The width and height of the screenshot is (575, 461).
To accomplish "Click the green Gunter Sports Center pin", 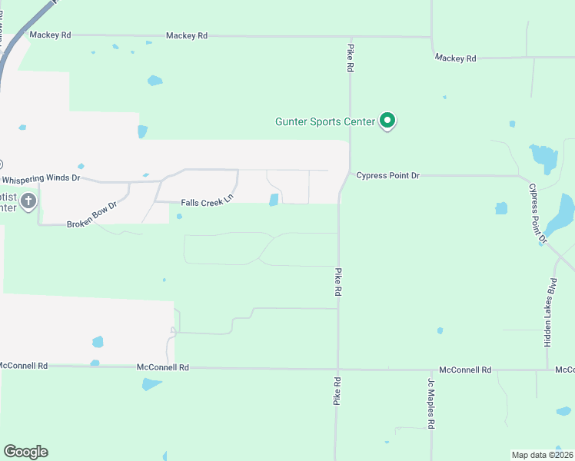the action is (x=388, y=121).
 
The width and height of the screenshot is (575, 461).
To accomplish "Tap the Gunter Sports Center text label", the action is (x=325, y=121).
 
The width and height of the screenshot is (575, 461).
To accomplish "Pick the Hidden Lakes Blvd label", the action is (x=550, y=313).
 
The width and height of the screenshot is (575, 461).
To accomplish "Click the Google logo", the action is (x=25, y=452).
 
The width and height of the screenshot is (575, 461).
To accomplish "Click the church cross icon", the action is (x=28, y=202).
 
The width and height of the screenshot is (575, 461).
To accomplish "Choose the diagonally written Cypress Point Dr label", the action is (x=537, y=214).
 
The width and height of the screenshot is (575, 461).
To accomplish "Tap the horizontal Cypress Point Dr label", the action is (x=388, y=176).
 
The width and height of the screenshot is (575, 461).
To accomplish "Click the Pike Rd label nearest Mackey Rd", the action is (x=350, y=58).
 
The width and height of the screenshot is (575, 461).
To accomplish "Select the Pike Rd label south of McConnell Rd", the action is (x=337, y=391).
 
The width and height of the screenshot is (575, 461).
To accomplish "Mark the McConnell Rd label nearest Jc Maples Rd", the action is (x=465, y=370).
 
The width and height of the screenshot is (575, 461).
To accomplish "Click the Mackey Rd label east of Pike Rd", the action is (x=455, y=58).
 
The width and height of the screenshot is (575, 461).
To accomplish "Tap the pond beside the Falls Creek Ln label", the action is (x=274, y=200).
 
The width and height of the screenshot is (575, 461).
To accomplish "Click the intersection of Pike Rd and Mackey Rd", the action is (x=351, y=37).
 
